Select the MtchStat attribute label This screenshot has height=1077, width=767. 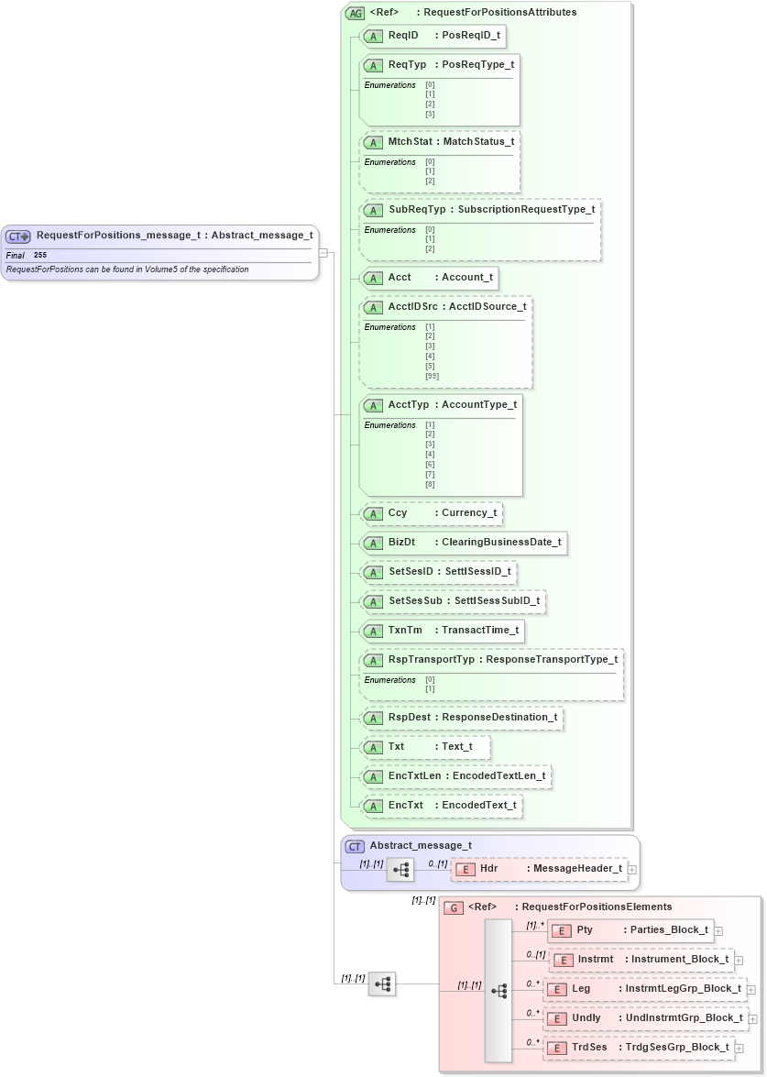[410, 142]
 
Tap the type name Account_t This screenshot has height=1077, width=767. [467, 278]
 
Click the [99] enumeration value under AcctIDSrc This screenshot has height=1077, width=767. [432, 376]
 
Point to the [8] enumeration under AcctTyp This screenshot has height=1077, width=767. [430, 484]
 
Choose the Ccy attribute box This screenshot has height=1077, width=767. [432, 513]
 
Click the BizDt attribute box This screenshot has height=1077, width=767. [464, 543]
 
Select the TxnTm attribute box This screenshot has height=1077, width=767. [444, 631]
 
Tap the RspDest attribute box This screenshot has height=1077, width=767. [461, 718]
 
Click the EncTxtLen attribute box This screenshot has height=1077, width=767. [455, 776]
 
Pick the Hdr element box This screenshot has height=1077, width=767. [540, 868]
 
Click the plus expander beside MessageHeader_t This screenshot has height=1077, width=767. [632, 869]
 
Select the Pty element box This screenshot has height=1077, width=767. [630, 930]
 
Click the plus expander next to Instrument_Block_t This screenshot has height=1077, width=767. [739, 961]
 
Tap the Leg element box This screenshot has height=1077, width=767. [645, 990]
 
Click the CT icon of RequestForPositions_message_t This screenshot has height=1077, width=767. [19, 236]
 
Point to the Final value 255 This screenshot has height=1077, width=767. [40, 255]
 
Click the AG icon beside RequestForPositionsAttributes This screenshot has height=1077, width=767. [355, 14]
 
